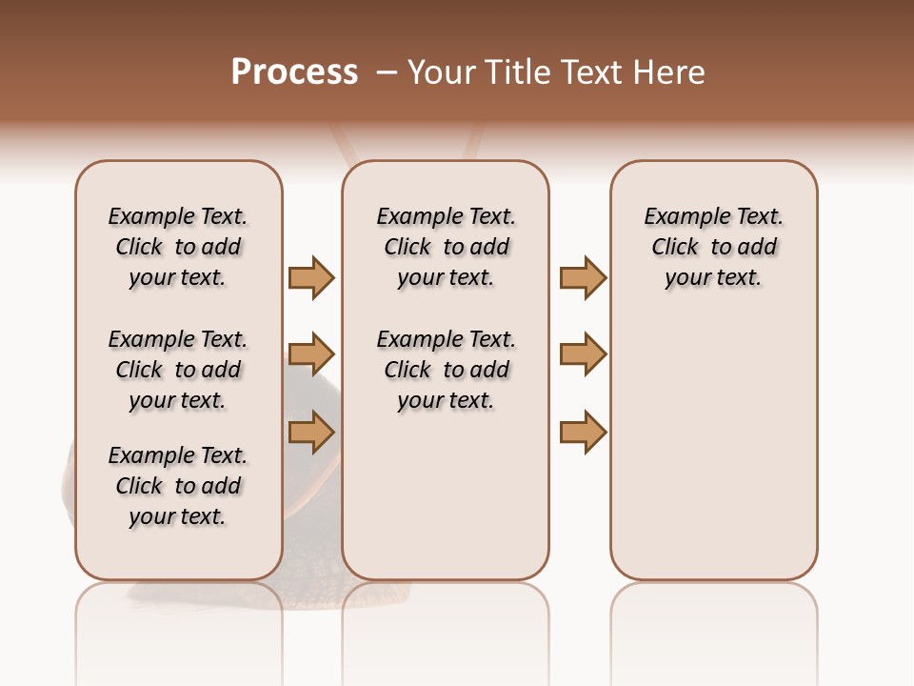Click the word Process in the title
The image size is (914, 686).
click(294, 72)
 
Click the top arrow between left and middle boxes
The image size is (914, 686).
click(311, 277)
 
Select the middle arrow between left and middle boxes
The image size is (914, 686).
click(311, 355)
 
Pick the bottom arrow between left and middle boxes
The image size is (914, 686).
click(311, 431)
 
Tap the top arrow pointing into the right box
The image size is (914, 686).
click(583, 277)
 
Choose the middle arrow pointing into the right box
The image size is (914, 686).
click(583, 354)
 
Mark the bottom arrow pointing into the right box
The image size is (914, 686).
click(583, 432)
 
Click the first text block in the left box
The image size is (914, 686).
click(178, 247)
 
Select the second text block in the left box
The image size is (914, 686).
click(178, 370)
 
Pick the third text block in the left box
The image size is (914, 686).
click(178, 486)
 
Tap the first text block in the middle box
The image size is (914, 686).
click(446, 247)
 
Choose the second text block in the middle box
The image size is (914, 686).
click(446, 370)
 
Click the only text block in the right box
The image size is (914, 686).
click(714, 247)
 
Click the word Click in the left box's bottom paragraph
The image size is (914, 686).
click(139, 486)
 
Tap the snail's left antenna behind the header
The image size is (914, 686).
click(345, 143)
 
